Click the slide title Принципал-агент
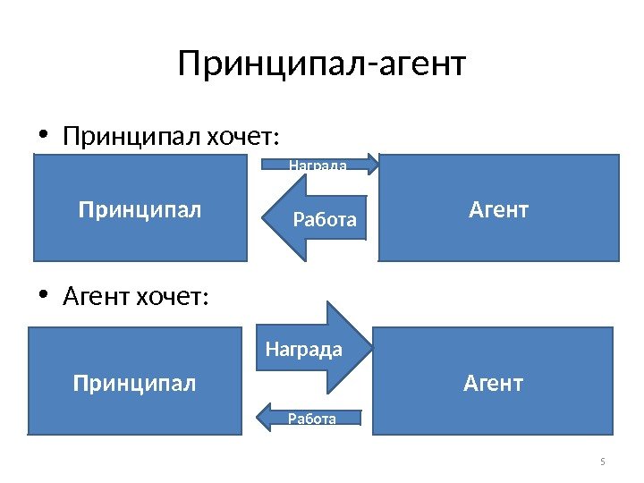(322, 64)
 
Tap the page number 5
(602, 462)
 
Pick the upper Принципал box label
(140, 210)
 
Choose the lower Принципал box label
(134, 384)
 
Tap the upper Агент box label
(499, 210)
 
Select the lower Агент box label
(493, 384)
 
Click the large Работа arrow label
(325, 219)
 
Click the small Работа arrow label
(312, 419)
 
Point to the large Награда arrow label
(304, 349)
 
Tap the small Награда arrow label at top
(318, 165)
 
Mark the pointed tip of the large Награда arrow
(369, 347)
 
